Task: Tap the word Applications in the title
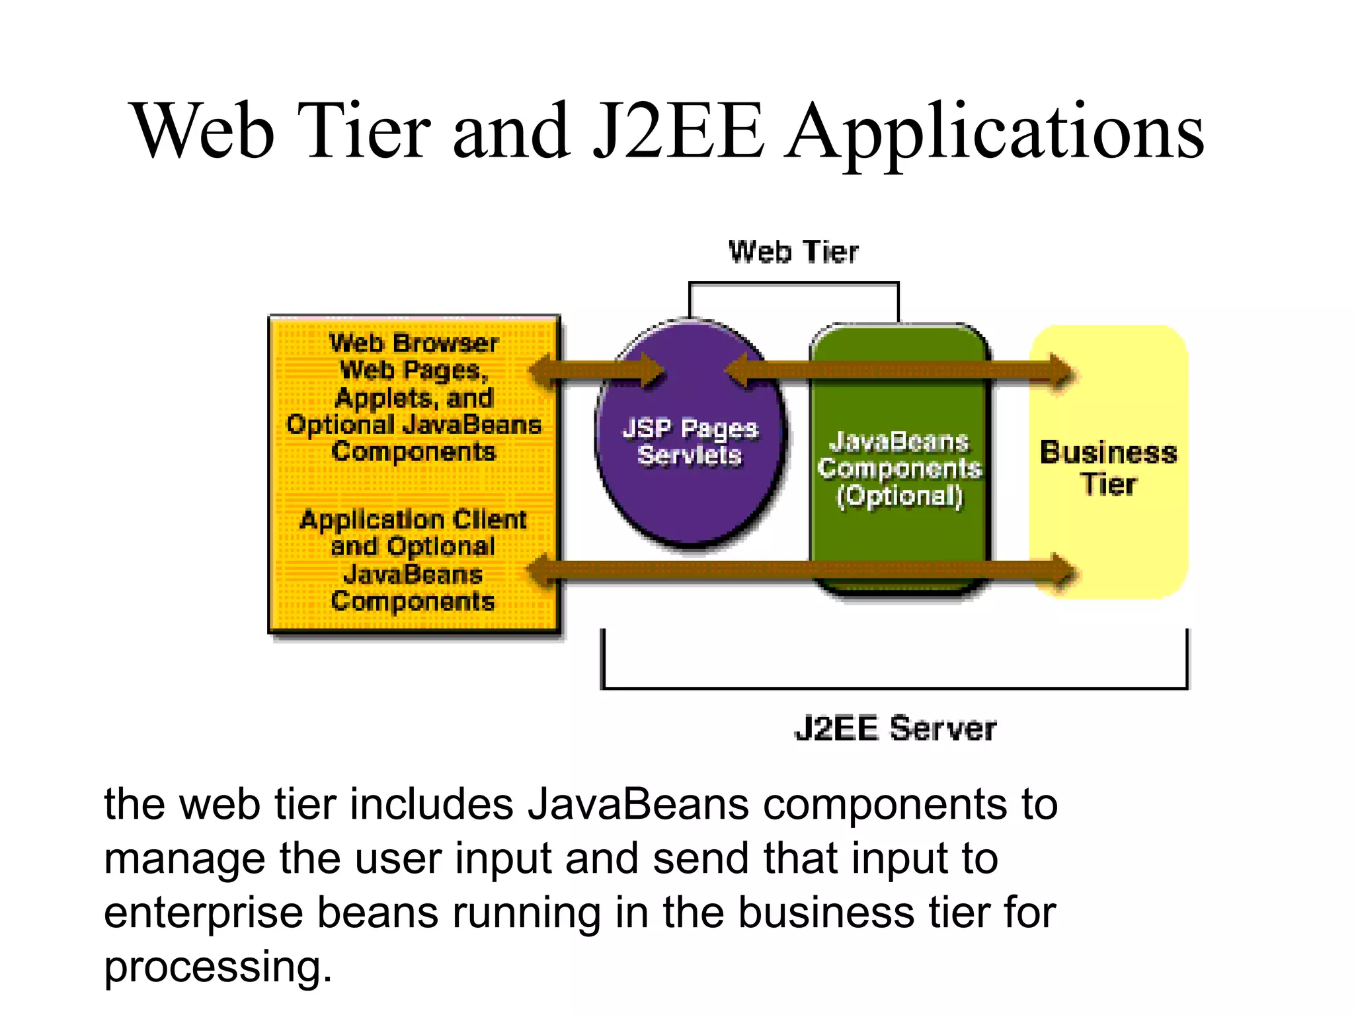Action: [995, 132]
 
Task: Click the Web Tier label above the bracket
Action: [793, 252]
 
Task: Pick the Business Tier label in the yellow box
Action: [1109, 468]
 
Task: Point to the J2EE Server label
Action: [895, 729]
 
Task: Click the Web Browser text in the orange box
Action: [414, 343]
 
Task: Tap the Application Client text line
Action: [413, 519]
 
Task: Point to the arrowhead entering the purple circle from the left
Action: [651, 371]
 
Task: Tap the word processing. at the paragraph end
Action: [218, 967]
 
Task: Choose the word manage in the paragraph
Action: [184, 858]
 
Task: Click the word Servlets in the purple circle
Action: [690, 455]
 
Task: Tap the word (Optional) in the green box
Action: [900, 496]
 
